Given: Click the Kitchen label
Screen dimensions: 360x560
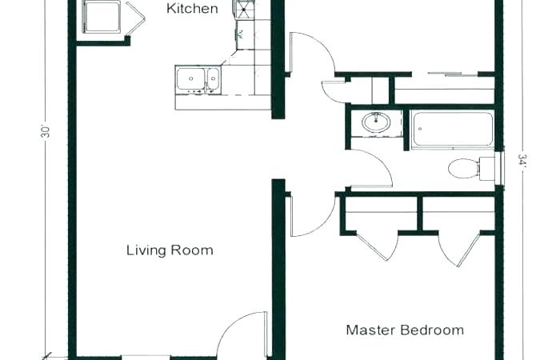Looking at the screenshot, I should (192, 10).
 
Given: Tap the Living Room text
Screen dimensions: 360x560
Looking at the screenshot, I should (170, 250).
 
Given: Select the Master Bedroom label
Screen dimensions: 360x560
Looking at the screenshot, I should (405, 330).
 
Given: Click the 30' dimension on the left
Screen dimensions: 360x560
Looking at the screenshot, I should (46, 132).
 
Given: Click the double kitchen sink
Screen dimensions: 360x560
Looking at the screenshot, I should (198, 79).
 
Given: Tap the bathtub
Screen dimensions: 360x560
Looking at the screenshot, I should (452, 130).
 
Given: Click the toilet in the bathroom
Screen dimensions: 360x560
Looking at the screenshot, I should (464, 168).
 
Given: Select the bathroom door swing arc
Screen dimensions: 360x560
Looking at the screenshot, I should (370, 168).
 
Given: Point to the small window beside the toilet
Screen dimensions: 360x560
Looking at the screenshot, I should (500, 169).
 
